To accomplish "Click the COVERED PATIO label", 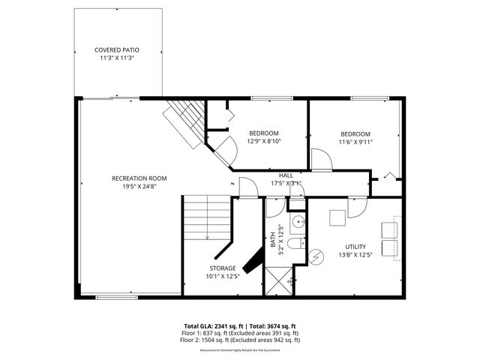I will (116, 49).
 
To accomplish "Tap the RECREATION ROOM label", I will (139, 178).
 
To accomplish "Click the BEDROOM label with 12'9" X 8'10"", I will (264, 133).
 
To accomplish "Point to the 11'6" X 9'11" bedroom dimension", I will (355, 141).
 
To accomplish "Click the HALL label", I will (286, 175).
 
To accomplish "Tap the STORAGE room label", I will (223, 268).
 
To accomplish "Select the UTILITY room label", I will (356, 247).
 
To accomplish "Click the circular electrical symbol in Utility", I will (316, 256).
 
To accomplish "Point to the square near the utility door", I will (337, 217).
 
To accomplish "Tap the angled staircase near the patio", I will (186, 121).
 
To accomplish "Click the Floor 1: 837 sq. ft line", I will (240, 333).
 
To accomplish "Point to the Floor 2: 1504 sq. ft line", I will (240, 340).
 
